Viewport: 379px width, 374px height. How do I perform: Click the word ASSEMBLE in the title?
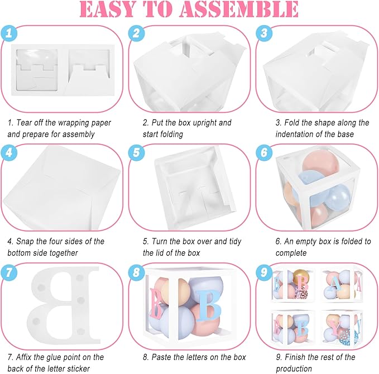point(239,9)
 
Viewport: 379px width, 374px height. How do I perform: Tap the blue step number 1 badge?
point(9,33)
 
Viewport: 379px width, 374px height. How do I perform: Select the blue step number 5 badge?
point(137,152)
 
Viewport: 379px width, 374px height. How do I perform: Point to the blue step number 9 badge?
point(264,272)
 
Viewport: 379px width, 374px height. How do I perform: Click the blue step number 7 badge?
point(9,272)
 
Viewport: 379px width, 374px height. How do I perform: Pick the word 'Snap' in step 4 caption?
point(24,242)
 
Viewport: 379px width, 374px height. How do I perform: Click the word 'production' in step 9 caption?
point(294,369)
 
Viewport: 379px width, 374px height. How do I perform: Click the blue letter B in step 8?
point(209,305)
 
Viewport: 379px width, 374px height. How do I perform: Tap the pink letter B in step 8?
point(156,303)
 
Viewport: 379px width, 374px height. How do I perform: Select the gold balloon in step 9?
point(301,277)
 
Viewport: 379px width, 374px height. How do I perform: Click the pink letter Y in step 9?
point(335,327)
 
